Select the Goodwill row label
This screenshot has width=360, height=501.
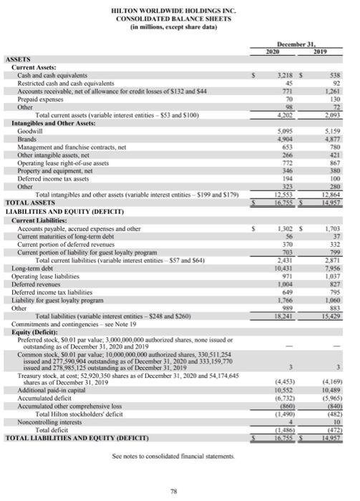[31, 131]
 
